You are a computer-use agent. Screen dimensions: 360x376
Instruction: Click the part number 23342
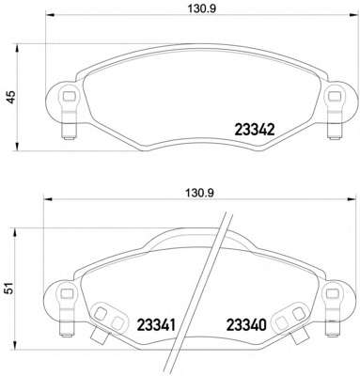point(255,130)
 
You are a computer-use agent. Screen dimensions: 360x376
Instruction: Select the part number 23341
point(156,325)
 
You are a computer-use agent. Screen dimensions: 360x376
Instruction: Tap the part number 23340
point(246,325)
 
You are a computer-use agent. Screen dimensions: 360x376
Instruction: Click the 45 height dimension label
point(11,97)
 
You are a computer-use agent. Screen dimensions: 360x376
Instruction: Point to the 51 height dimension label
point(10,288)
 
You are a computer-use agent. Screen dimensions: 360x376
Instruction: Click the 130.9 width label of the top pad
point(202,9)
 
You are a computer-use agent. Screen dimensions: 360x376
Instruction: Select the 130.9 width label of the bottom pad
point(199,193)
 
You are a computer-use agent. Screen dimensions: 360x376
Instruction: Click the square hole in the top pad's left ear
point(70,96)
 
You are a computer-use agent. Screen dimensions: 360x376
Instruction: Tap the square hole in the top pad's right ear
point(335,96)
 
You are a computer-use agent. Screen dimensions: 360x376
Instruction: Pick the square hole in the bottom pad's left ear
point(66,293)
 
